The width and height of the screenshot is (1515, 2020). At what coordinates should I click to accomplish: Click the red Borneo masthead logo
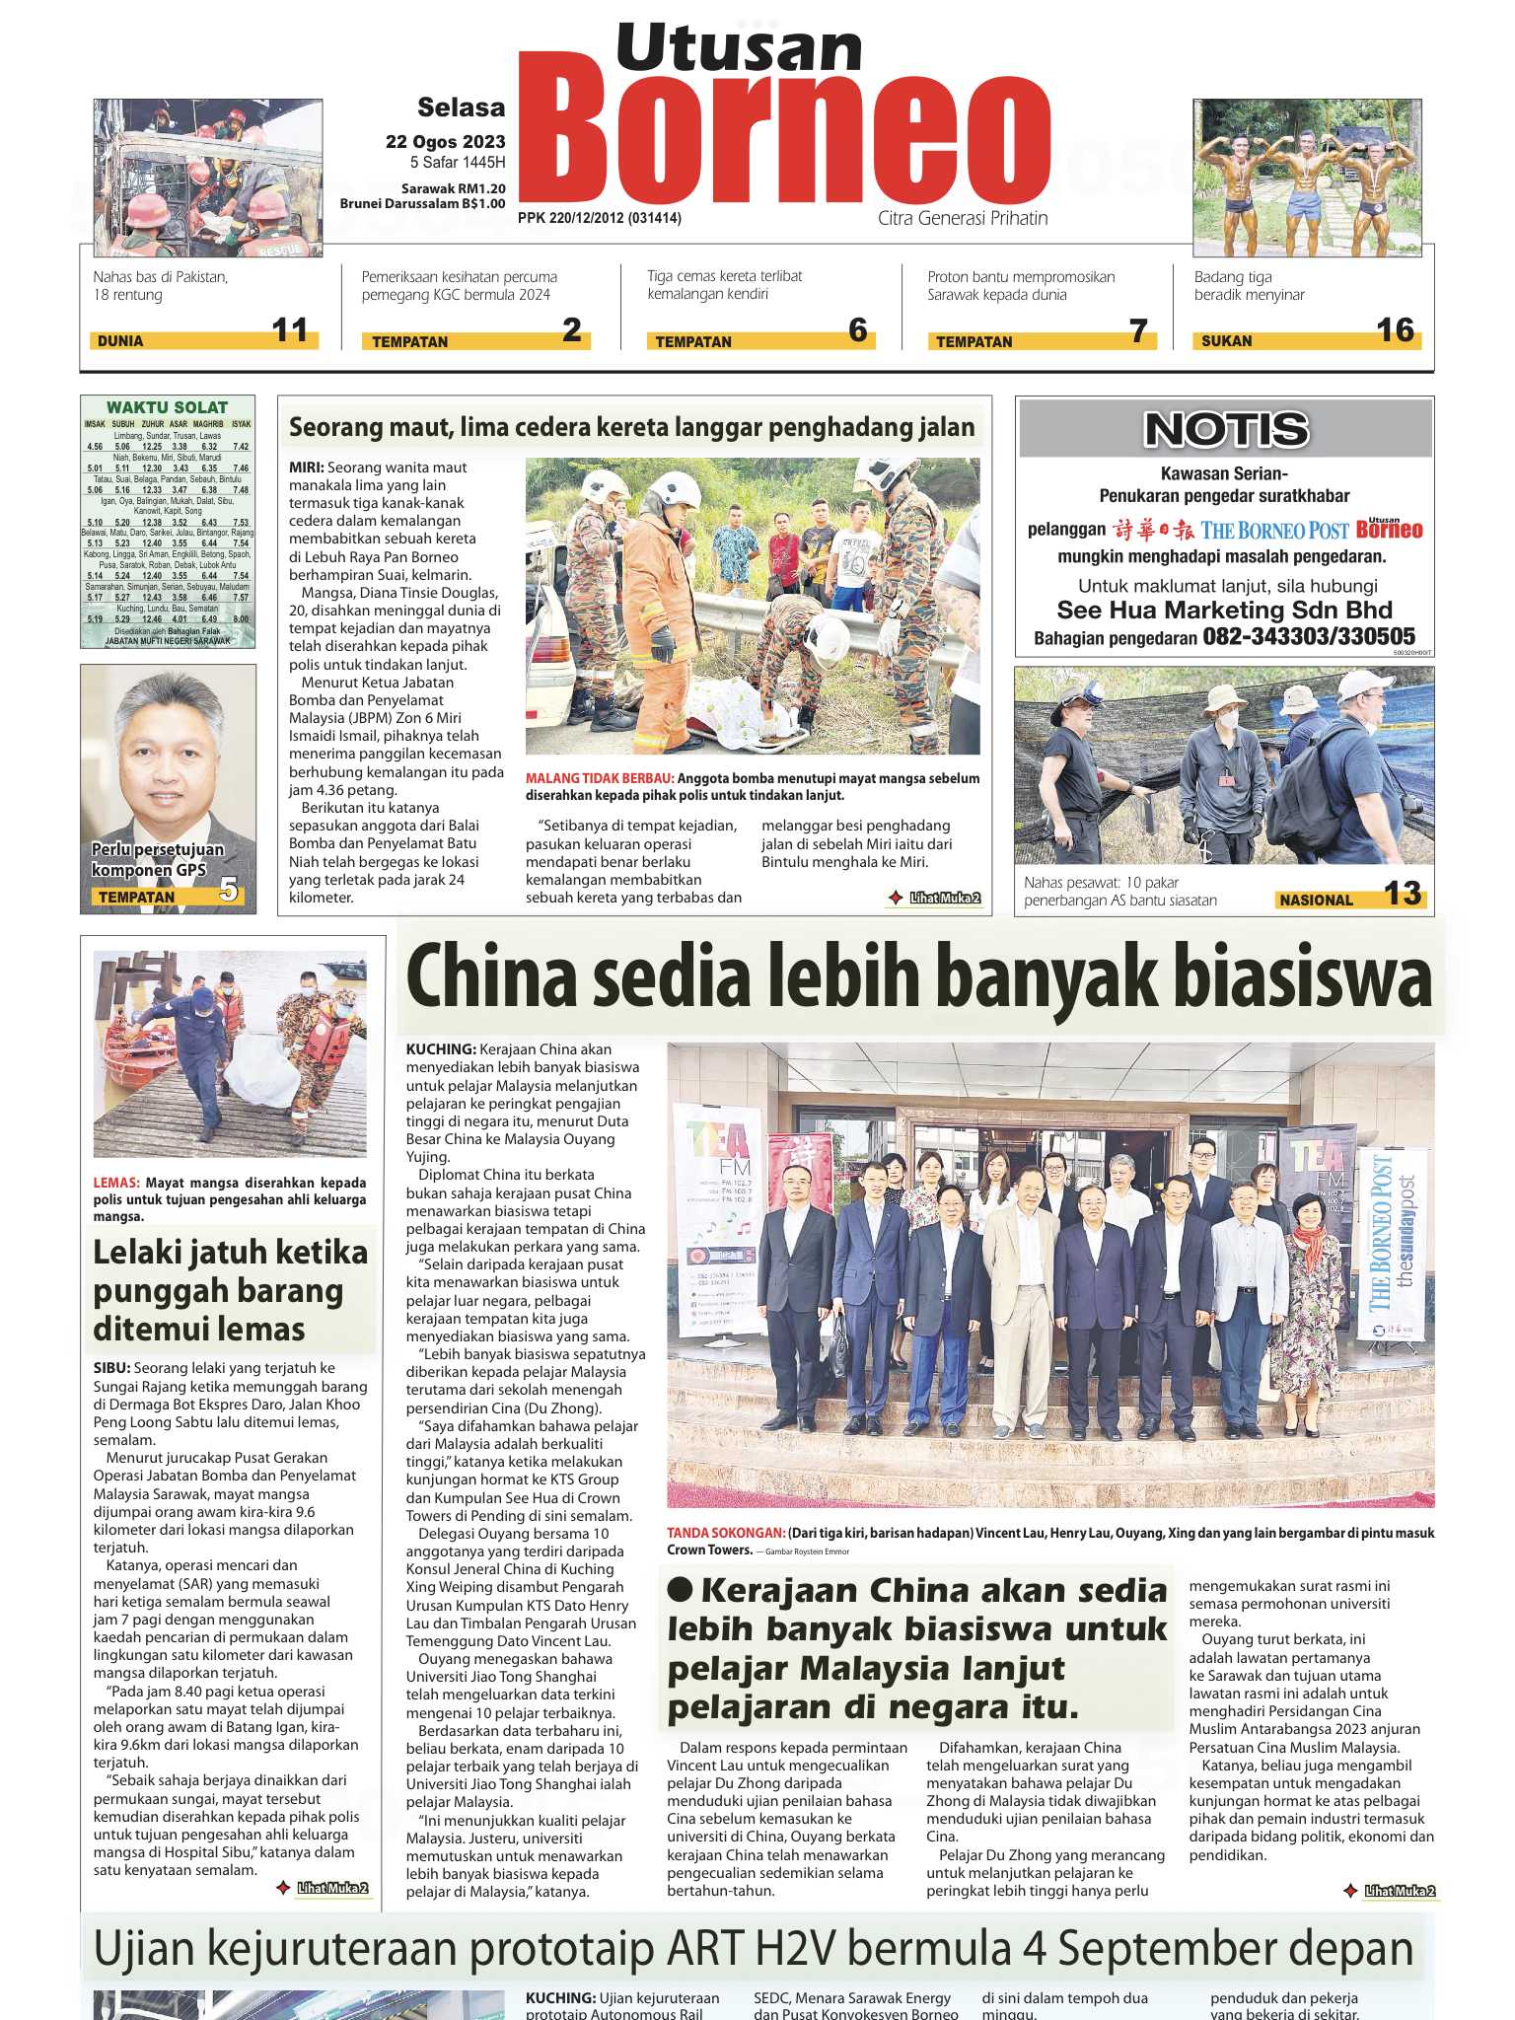(x=784, y=138)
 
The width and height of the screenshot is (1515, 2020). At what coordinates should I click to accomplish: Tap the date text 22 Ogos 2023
(x=445, y=142)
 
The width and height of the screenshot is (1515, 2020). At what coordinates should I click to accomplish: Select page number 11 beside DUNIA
(x=290, y=329)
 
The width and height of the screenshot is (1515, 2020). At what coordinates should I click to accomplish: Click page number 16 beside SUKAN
(x=1395, y=329)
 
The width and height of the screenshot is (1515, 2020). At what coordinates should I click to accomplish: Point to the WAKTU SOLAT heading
(x=167, y=407)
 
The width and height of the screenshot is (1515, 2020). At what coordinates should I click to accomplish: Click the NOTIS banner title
(x=1225, y=429)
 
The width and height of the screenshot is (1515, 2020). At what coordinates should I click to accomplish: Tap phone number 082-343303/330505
(x=1308, y=637)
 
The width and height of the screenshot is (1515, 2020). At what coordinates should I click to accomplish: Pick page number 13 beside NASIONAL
(x=1402, y=894)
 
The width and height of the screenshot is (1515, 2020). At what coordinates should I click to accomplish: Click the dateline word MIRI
(x=306, y=468)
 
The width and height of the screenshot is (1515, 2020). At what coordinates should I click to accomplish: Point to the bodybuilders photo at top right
(x=1307, y=178)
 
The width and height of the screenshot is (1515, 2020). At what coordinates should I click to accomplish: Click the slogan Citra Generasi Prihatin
(x=963, y=218)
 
